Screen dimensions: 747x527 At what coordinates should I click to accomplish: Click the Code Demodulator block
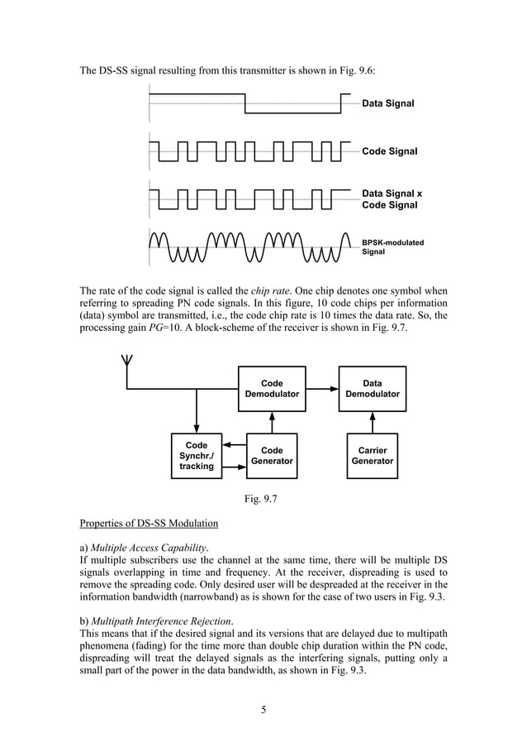tap(272, 389)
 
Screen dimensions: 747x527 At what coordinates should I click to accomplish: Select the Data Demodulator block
tap(372, 389)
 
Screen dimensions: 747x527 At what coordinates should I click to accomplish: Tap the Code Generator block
tap(272, 456)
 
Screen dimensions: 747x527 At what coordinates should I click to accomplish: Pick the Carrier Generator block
tap(372, 456)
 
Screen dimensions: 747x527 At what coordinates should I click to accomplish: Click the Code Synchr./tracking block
tap(197, 456)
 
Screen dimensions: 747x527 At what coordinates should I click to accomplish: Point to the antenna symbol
tap(126, 362)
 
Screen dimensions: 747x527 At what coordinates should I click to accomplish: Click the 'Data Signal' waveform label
tap(388, 103)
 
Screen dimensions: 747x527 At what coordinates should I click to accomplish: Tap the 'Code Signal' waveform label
tap(390, 151)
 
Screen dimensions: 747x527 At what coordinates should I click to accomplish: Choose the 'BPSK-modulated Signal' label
tap(392, 247)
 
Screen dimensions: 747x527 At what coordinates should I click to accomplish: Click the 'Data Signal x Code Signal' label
tap(392, 199)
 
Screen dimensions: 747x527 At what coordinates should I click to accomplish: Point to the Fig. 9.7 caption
tap(263, 498)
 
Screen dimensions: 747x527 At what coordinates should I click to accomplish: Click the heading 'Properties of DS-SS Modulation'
tap(149, 524)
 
